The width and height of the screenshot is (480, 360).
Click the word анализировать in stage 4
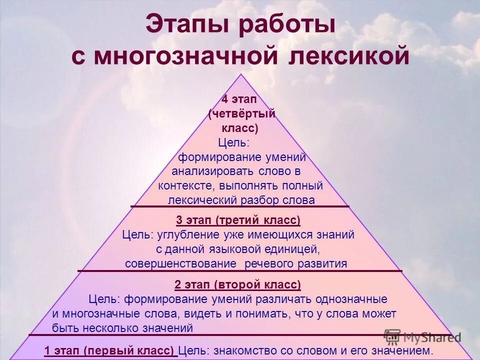[x=213, y=171]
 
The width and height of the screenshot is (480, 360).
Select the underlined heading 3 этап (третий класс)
[x=238, y=220]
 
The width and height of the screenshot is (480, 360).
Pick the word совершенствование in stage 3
[x=180, y=263]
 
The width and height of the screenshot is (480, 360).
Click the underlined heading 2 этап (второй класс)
[x=238, y=285]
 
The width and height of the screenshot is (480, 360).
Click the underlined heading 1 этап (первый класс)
[x=110, y=350]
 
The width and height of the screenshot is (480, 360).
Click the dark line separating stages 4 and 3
[x=240, y=206]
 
